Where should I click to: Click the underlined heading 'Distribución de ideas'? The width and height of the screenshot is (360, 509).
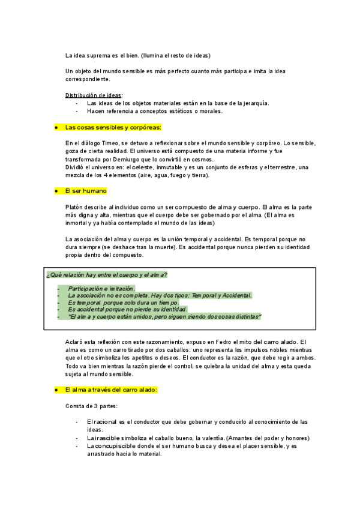[x=93, y=95]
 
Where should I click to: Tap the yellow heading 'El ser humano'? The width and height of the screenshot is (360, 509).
[x=86, y=191]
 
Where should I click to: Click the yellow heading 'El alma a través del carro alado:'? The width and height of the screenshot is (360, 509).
[x=111, y=390]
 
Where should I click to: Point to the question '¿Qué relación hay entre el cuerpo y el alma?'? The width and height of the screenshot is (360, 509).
[x=107, y=275]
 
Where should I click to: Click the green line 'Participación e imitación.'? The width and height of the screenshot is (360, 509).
[x=101, y=289]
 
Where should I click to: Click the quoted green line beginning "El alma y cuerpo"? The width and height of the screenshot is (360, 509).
[x=165, y=316]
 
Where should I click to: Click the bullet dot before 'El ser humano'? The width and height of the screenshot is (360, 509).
[x=55, y=191]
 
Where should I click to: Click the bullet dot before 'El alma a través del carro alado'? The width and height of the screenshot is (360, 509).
[x=55, y=390]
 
